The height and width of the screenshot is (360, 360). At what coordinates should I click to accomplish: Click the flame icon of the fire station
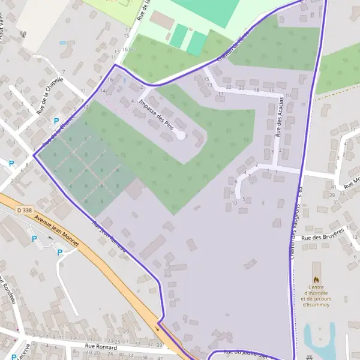[316, 280]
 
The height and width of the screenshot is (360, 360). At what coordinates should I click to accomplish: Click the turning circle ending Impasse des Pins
[181, 136]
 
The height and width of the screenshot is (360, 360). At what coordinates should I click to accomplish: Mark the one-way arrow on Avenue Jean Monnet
[159, 328]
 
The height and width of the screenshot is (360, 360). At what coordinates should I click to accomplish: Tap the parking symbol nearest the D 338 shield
[34, 239]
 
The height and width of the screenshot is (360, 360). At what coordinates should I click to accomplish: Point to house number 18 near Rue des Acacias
[256, 91]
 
